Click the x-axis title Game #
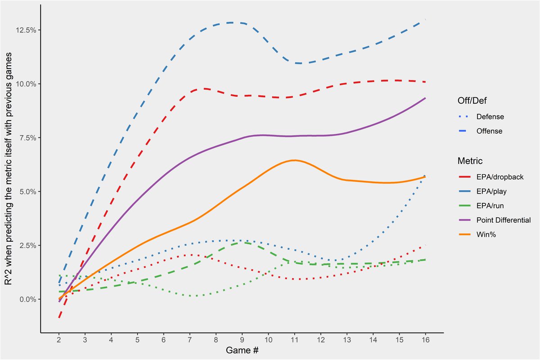242,350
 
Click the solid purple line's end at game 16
425,98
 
